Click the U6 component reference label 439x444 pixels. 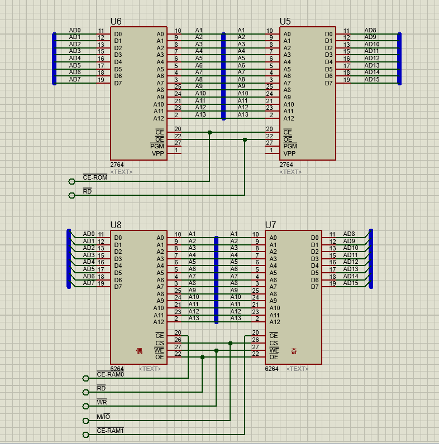(116, 21)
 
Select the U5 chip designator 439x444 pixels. (285, 21)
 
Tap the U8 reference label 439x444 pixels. (116, 225)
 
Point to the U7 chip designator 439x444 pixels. (270, 225)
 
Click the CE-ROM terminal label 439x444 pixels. (95, 177)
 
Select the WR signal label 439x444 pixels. (102, 402)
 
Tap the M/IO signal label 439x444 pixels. (103, 416)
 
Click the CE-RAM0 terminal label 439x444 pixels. (110, 374)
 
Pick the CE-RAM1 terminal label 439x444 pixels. (110, 431)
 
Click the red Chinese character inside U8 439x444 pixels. (139, 351)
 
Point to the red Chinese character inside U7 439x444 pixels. (294, 351)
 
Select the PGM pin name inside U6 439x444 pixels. (157, 146)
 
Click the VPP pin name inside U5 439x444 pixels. (289, 153)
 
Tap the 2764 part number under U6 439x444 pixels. (117, 165)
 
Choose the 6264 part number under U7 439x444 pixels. (272, 369)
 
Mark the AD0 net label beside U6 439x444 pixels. (75, 30)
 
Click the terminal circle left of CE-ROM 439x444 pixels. (71, 181)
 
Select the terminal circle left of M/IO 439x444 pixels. (85, 421)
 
